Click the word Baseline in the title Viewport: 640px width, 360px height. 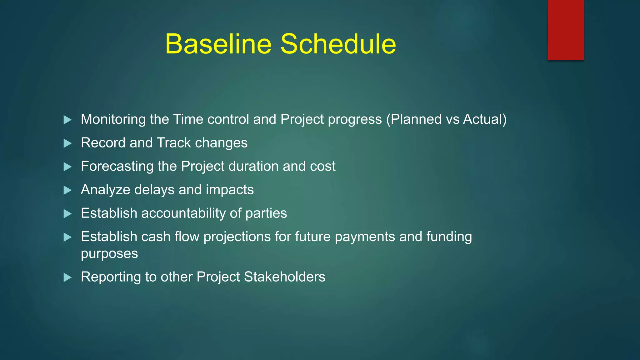point(218,44)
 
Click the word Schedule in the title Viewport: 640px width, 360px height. point(338,44)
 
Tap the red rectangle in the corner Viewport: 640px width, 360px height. point(566,30)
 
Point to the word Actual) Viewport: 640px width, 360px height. point(485,120)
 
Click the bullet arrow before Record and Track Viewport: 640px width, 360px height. point(67,143)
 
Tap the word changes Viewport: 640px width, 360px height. point(221,143)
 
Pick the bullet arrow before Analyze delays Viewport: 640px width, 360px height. point(67,190)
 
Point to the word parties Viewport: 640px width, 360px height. point(266,213)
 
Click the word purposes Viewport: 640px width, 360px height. point(109,254)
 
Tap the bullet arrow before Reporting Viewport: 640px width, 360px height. point(67,277)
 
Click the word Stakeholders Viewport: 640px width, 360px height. point(284,277)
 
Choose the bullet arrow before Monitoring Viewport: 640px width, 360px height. point(67,120)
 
